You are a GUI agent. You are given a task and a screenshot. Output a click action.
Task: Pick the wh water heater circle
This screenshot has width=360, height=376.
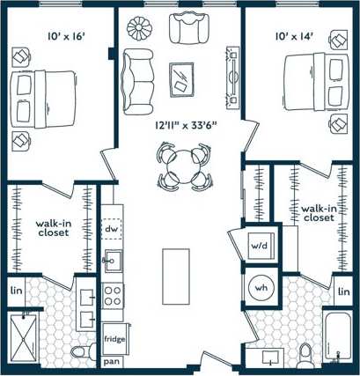tap(261, 287)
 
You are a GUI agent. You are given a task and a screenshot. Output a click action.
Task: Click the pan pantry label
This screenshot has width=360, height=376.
tap(112, 362)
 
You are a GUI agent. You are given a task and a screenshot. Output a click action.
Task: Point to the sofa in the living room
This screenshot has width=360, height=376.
tap(138, 79)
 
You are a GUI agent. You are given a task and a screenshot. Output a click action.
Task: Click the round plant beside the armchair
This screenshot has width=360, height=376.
tap(139, 28)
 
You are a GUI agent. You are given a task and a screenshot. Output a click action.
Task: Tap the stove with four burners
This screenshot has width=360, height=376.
tap(114, 296)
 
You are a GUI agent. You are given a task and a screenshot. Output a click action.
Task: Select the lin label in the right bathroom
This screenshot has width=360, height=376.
tap(343, 291)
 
